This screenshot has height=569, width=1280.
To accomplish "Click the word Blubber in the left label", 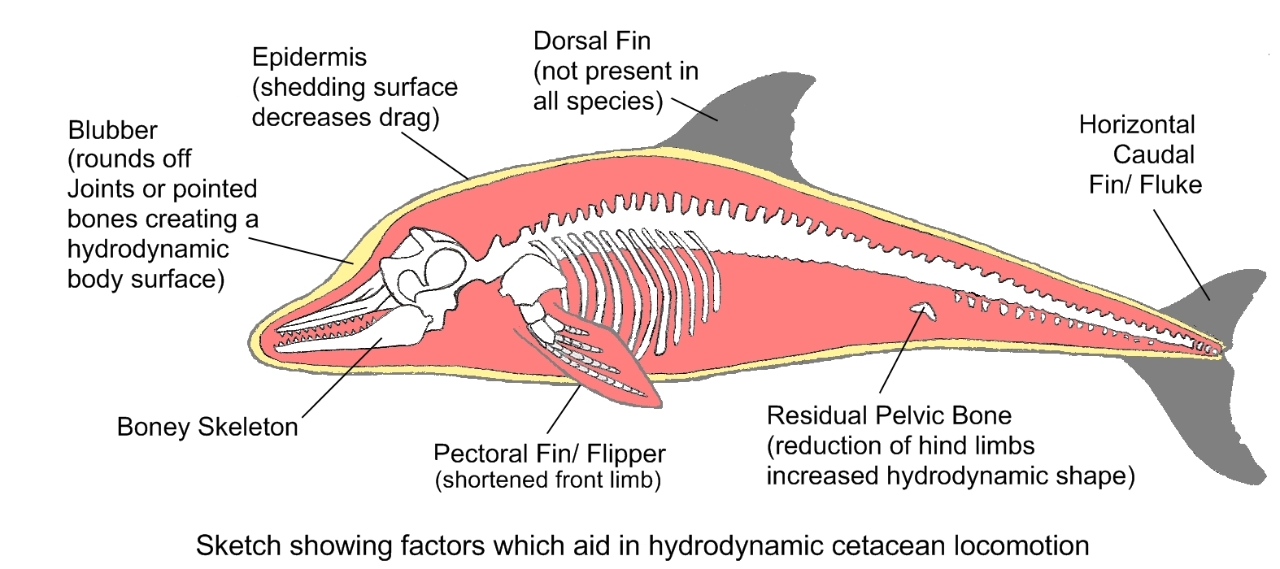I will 112,130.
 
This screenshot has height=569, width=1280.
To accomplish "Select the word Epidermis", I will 309,58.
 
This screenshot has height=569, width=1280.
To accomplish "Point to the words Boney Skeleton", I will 207,428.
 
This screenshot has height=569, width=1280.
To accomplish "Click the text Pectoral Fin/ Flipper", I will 550,454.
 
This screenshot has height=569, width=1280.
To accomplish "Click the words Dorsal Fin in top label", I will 591,41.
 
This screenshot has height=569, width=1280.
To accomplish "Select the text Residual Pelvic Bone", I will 889,416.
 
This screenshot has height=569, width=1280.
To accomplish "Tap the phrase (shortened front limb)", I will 548,480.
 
